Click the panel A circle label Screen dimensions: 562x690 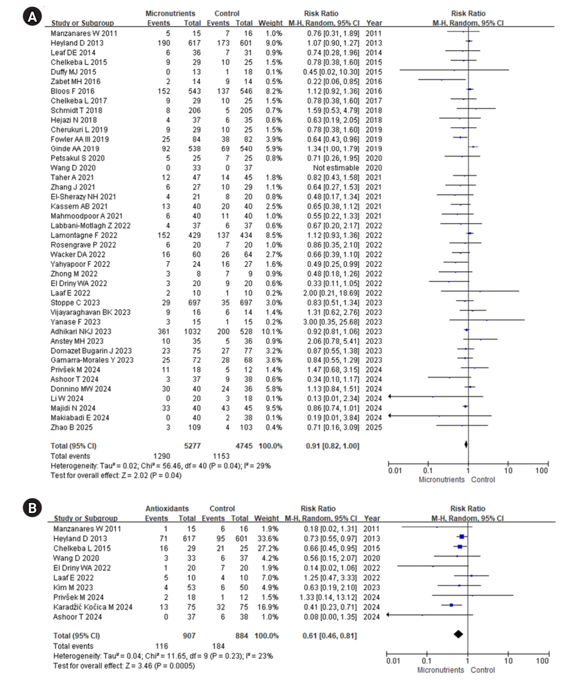click(32, 17)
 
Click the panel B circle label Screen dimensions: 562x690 click(32, 508)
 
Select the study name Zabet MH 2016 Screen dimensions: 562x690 click(75, 82)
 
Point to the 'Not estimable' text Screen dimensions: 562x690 click(336, 168)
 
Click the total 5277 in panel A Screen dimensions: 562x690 click(192, 446)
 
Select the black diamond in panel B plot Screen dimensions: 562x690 click(458, 634)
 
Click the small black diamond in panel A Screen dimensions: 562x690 click(466, 444)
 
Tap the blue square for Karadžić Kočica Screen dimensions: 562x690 click(451, 605)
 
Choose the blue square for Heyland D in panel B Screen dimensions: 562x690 click(462, 537)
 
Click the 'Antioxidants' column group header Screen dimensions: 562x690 click(167, 508)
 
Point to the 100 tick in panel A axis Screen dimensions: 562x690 click(548, 464)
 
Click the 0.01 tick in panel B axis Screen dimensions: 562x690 click(387, 654)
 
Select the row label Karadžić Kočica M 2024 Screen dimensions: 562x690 click(93, 607)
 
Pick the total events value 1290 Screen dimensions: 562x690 click(162, 456)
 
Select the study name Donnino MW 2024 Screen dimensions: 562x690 click(81, 389)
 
